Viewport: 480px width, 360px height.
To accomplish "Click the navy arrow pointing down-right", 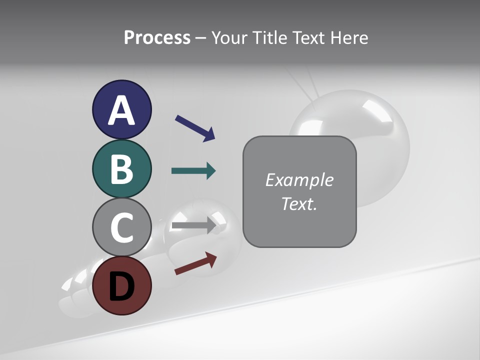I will [x=195, y=127].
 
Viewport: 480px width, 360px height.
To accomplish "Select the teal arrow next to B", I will [x=193, y=171].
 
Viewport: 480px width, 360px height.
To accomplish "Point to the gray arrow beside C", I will [x=193, y=225].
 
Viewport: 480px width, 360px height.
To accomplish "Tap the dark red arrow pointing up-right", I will [x=195, y=263].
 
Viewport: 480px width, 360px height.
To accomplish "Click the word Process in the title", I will [x=157, y=37].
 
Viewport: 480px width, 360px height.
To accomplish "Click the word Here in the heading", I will [x=348, y=37].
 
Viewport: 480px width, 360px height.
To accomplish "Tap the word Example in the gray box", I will [x=299, y=180].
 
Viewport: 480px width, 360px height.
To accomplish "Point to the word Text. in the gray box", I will [x=299, y=203].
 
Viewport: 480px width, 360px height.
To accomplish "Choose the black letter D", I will [x=121, y=286].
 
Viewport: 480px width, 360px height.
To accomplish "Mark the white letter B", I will [x=121, y=169].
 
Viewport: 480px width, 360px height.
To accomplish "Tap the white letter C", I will [x=121, y=227].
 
